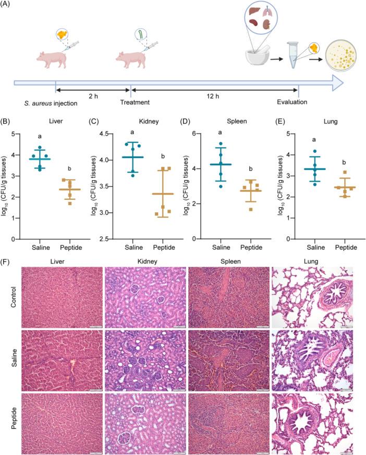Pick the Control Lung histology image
point(312,294)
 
